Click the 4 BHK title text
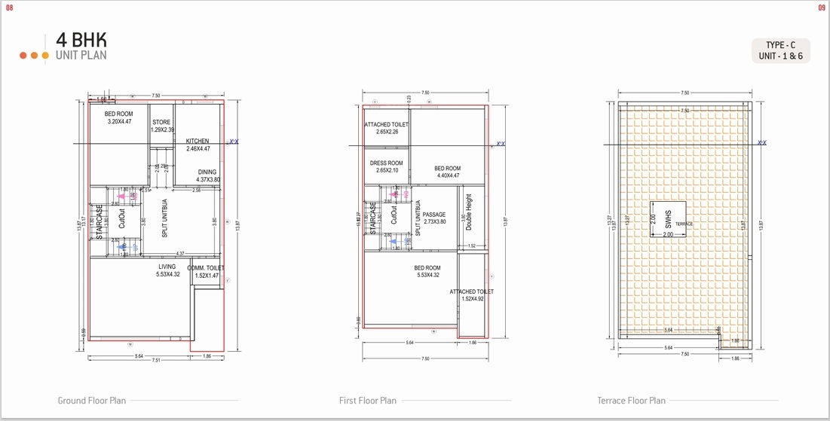(81, 40)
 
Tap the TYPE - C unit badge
(780, 50)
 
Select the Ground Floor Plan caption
(92, 401)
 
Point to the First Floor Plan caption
(367, 401)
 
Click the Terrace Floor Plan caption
(631, 401)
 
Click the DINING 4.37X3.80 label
(207, 176)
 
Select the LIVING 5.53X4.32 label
(167, 270)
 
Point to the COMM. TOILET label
(206, 272)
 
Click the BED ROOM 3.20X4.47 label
(119, 117)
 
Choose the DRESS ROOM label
(386, 166)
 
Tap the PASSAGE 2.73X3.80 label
(433, 218)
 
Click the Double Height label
(469, 213)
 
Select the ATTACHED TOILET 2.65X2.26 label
(387, 128)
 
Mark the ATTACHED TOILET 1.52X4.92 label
(472, 295)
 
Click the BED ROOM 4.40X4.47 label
(447, 172)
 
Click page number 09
(822, 8)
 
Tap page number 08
(10, 8)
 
